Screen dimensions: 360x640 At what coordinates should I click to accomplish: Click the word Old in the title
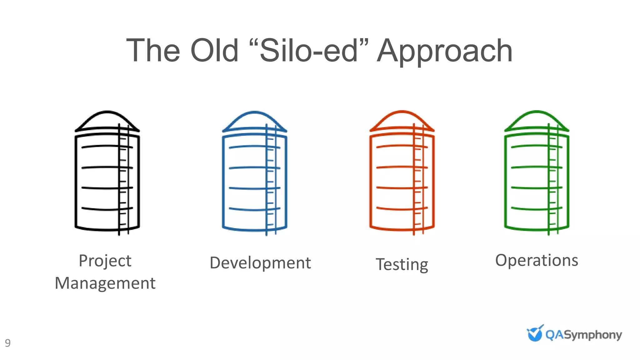coord(214,51)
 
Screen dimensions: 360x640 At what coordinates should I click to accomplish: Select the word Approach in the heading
coord(444,52)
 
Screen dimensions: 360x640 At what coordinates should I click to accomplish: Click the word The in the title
coord(153,51)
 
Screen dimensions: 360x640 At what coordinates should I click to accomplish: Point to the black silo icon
coord(107,173)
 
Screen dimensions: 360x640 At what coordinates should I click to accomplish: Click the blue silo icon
coord(254,173)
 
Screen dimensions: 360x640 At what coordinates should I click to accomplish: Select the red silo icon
coord(402,173)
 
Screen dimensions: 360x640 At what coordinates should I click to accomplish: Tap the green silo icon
coord(537,173)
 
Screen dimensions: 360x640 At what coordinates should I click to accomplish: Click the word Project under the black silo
coord(105,261)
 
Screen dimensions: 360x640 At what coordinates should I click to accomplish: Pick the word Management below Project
coord(105,283)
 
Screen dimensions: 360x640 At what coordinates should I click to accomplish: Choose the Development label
coord(260,263)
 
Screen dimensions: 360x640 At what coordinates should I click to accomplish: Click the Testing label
coord(402,265)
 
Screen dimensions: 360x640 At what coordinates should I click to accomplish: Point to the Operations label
coord(537,260)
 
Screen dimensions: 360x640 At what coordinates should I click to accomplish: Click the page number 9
coord(8,343)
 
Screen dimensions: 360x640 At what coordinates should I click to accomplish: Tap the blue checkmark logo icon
coord(535,333)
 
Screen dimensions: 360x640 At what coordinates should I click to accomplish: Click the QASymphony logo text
coord(583,335)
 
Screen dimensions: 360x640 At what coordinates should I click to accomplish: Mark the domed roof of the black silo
coord(107,120)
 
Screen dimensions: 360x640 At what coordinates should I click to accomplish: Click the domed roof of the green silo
coord(537,120)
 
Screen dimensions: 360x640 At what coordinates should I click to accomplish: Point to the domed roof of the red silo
coord(402,120)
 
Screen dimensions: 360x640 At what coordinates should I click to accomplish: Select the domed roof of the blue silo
coord(254,120)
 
